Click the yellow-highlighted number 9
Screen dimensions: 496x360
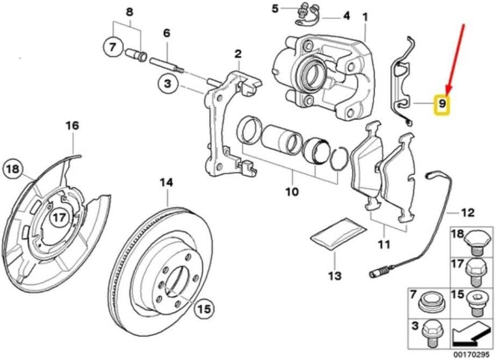tap(442, 104)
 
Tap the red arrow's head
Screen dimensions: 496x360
tap(448, 90)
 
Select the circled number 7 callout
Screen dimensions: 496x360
tap(113, 47)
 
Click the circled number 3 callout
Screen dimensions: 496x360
tap(168, 84)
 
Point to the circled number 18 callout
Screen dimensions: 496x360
tap(13, 170)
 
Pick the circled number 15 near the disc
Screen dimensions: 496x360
tap(204, 308)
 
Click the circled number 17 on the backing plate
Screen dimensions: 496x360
tap(60, 218)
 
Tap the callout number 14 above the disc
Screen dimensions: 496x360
tap(167, 183)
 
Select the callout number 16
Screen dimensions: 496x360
tap(72, 126)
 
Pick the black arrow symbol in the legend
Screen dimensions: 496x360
tap(470, 333)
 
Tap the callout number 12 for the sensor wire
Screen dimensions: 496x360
tap(468, 212)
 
